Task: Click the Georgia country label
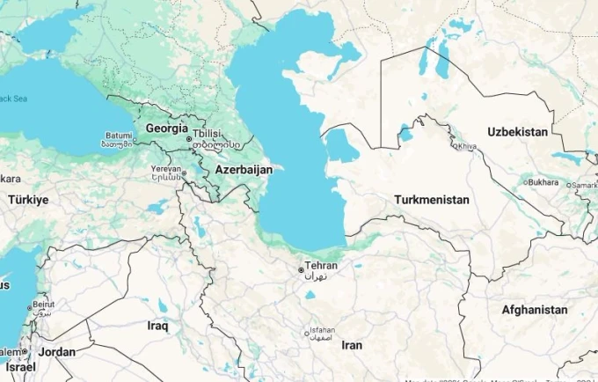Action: [x=166, y=128]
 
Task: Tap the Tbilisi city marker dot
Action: [x=188, y=139]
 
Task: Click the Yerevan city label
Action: [x=164, y=168]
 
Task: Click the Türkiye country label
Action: [x=28, y=200]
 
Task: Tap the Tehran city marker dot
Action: [x=301, y=269]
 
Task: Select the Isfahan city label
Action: [x=323, y=333]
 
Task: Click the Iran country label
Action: [x=352, y=345]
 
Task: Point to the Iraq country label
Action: [x=157, y=326]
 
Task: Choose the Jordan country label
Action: [x=57, y=352]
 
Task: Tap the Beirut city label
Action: [x=43, y=305]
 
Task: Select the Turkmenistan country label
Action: [x=431, y=200]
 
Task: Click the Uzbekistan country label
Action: [x=518, y=131]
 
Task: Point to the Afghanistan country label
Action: [x=534, y=310]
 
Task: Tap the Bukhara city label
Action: [x=543, y=182]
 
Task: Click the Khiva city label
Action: [x=467, y=146]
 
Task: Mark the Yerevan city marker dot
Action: [x=183, y=173]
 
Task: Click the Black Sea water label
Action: [x=14, y=99]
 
